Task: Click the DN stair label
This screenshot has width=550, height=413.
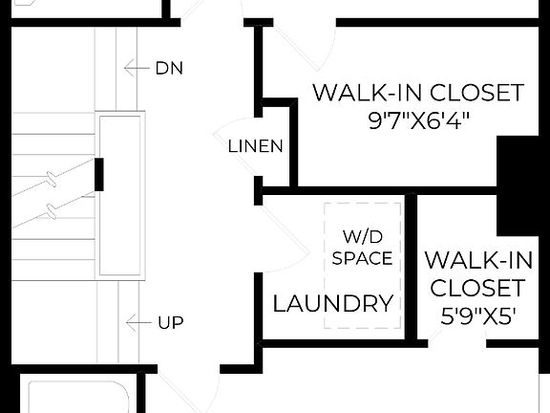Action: [x=169, y=69]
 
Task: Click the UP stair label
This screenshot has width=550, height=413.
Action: [x=170, y=323]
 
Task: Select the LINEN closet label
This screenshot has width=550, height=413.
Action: [x=255, y=146]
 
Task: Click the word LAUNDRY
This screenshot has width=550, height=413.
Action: [x=333, y=305]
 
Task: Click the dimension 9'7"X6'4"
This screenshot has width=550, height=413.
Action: [x=418, y=121]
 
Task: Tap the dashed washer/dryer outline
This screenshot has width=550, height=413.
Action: [x=363, y=266]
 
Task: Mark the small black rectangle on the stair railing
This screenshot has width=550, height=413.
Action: [x=98, y=173]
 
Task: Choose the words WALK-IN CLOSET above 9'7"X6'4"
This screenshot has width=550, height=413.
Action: [x=418, y=93]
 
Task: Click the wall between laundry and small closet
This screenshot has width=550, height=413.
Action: [x=412, y=268]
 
